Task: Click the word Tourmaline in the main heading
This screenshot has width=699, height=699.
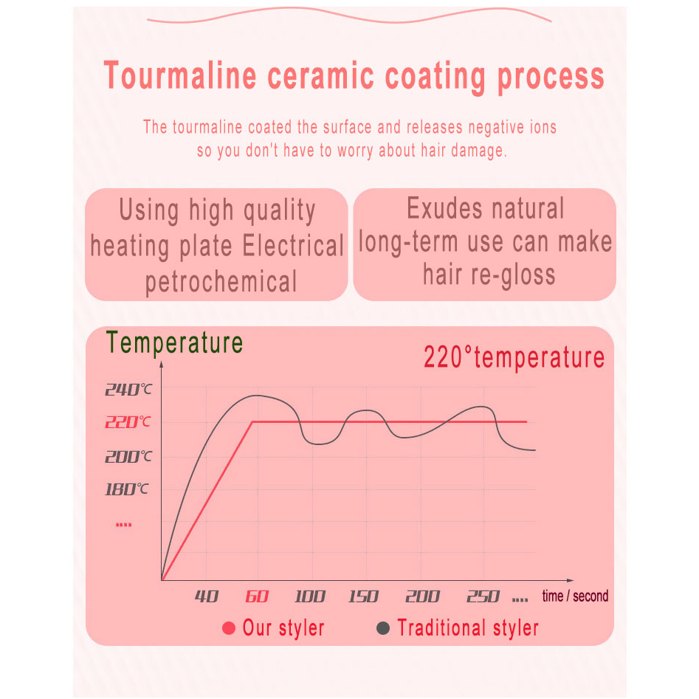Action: (x=180, y=76)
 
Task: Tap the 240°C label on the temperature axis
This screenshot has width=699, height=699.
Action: (x=128, y=390)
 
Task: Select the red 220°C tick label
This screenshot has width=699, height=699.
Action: (x=128, y=421)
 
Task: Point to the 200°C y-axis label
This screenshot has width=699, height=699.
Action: (x=128, y=456)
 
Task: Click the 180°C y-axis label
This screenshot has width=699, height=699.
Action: (x=126, y=489)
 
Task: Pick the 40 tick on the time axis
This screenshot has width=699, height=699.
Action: (x=207, y=596)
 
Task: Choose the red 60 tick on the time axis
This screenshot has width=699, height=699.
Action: (x=257, y=596)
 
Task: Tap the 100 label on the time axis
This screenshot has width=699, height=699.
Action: (x=310, y=596)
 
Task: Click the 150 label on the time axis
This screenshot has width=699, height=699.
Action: (x=364, y=596)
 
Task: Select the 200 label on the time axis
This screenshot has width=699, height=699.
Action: (x=423, y=596)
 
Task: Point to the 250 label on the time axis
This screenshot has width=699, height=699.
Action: (x=483, y=596)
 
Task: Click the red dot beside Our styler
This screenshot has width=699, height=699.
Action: (x=229, y=628)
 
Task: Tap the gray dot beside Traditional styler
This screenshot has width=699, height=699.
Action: (x=383, y=628)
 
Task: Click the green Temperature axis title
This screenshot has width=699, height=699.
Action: (x=175, y=342)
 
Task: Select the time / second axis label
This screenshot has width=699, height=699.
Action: (x=575, y=596)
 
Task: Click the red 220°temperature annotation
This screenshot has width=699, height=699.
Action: (x=514, y=357)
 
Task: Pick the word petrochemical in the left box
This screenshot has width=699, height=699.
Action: (x=221, y=282)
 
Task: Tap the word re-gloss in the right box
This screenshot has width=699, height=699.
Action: (x=514, y=275)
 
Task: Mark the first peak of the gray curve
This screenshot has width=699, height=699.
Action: (x=257, y=396)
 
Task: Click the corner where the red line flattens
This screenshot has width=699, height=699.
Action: (x=252, y=421)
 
